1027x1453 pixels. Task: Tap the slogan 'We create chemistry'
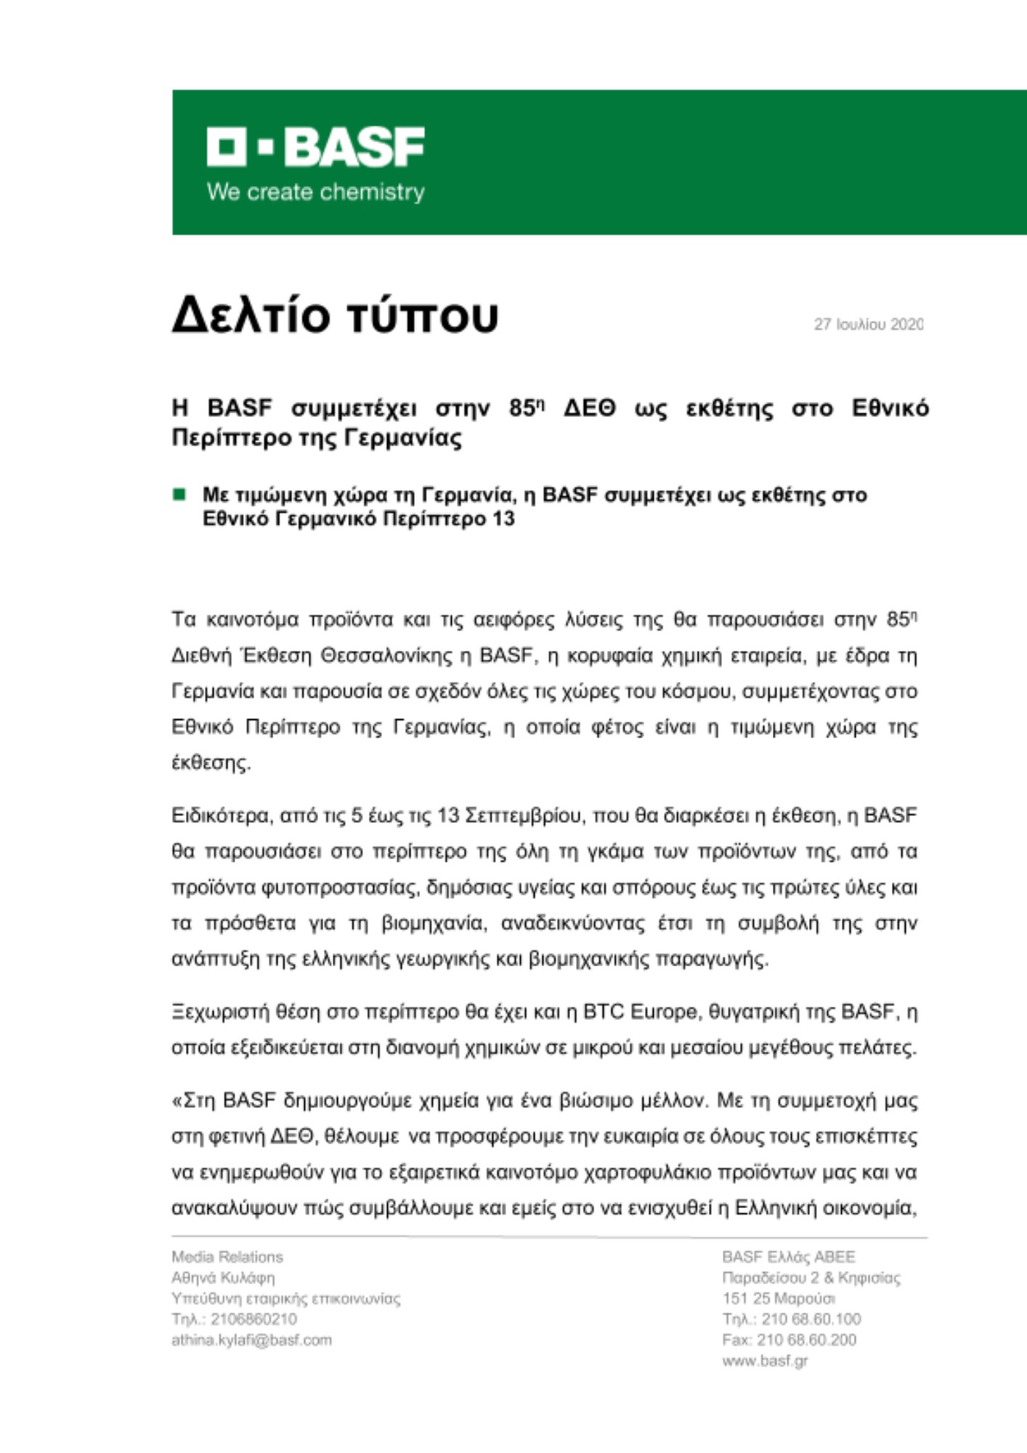pyautogui.click(x=315, y=193)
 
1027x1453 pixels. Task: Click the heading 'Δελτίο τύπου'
pyautogui.click(x=335, y=316)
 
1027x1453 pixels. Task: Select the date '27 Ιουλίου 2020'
pyautogui.click(x=868, y=325)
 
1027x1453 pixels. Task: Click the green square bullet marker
pyautogui.click(x=179, y=495)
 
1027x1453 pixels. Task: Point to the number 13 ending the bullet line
pyautogui.click(x=503, y=519)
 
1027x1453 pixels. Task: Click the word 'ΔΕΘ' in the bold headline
pyautogui.click(x=589, y=408)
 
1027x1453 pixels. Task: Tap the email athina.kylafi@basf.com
pyautogui.click(x=251, y=1340)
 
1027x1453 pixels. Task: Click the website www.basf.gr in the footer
pyautogui.click(x=765, y=1361)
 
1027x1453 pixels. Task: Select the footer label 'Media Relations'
pyautogui.click(x=227, y=1257)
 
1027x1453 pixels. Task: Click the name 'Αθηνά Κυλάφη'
pyautogui.click(x=223, y=1277)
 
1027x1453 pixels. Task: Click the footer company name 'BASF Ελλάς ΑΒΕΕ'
pyautogui.click(x=788, y=1257)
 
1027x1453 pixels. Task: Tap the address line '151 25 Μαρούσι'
pyautogui.click(x=778, y=1298)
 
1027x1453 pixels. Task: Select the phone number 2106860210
pyautogui.click(x=253, y=1319)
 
